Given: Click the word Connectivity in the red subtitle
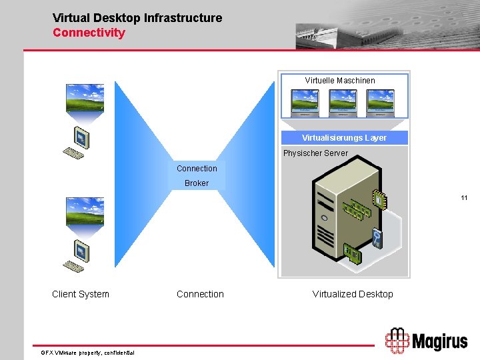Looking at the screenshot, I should pyautogui.click(x=89, y=32).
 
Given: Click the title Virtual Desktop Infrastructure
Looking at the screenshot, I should pyautogui.click(x=137, y=18).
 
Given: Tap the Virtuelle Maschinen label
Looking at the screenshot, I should pyautogui.click(x=340, y=81).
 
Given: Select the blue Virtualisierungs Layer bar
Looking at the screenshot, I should pyautogui.click(x=344, y=138).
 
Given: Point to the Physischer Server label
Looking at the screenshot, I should pyautogui.click(x=315, y=153).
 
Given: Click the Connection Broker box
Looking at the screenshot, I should pyautogui.click(x=197, y=176).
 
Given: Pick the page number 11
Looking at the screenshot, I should pyautogui.click(x=464, y=198).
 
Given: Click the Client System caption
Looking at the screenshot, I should pyautogui.click(x=81, y=294).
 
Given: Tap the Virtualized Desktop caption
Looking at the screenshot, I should pyautogui.click(x=353, y=294).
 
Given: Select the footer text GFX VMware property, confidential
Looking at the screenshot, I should pyautogui.click(x=88, y=352).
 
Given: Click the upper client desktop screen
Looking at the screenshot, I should pyautogui.click(x=84, y=97).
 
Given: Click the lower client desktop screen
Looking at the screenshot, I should pyautogui.click(x=84, y=211).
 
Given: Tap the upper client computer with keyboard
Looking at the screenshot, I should pyautogui.click(x=77, y=143).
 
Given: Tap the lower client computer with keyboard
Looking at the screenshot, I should pyautogui.click(x=77, y=257).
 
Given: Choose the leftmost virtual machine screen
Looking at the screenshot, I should pyautogui.click(x=305, y=103).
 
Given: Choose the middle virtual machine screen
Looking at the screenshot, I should pyautogui.click(x=343, y=103).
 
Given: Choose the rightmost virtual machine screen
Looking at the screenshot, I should pyautogui.click(x=381, y=103).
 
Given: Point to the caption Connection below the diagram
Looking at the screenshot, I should pyautogui.click(x=200, y=294).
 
